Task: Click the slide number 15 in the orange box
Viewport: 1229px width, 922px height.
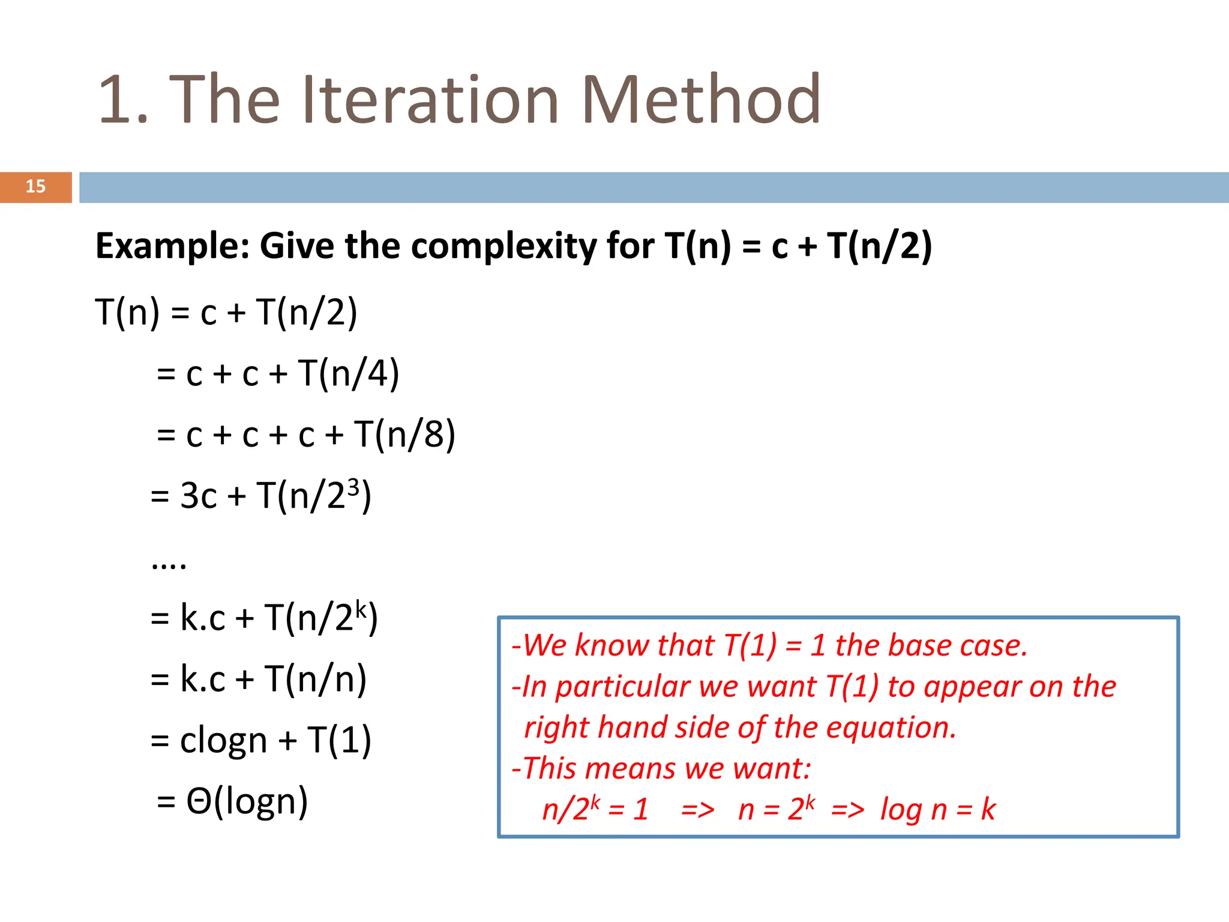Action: point(35,187)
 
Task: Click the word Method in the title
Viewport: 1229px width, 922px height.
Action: point(700,100)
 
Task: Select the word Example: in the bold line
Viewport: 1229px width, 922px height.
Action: point(172,246)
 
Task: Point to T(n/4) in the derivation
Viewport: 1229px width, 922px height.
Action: point(349,374)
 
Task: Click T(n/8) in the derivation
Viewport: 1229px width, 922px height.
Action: point(404,435)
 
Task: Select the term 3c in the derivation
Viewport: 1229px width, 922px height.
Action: point(198,496)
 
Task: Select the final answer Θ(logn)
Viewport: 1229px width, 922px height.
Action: point(247,802)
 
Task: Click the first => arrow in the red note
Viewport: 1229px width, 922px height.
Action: point(698,810)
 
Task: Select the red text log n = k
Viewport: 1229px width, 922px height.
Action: point(937,810)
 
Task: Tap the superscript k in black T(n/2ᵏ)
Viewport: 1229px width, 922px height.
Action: point(360,608)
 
